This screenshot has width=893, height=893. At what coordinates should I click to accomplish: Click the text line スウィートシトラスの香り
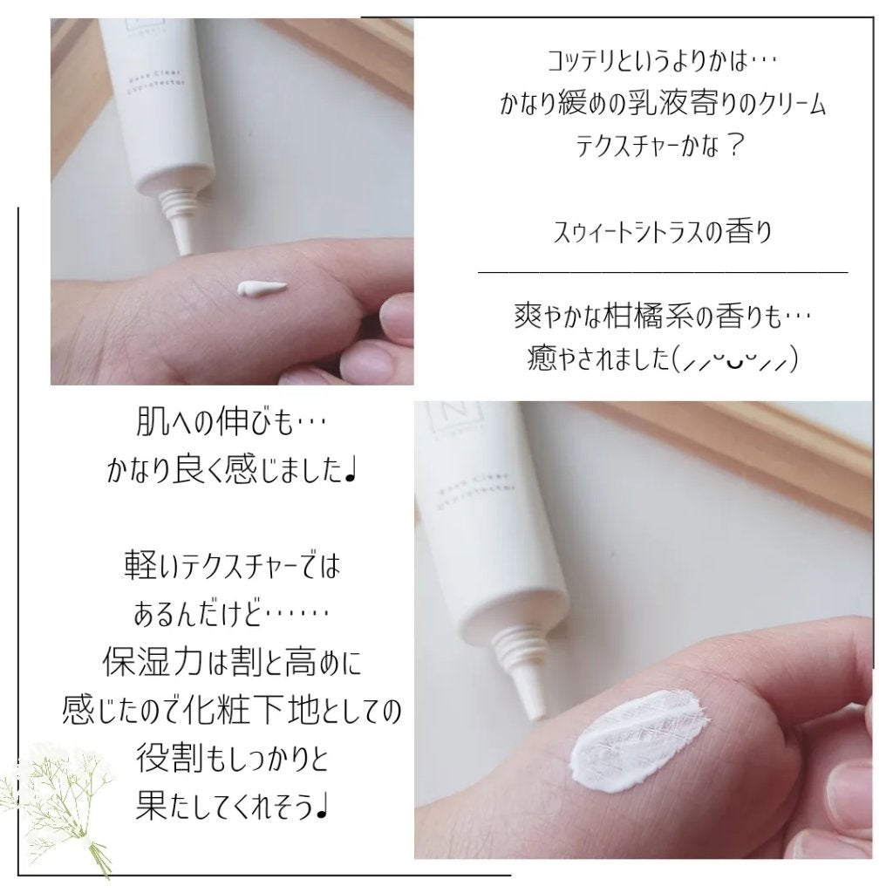tap(663, 234)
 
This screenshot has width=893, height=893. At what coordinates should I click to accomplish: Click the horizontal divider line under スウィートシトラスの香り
tap(663, 273)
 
